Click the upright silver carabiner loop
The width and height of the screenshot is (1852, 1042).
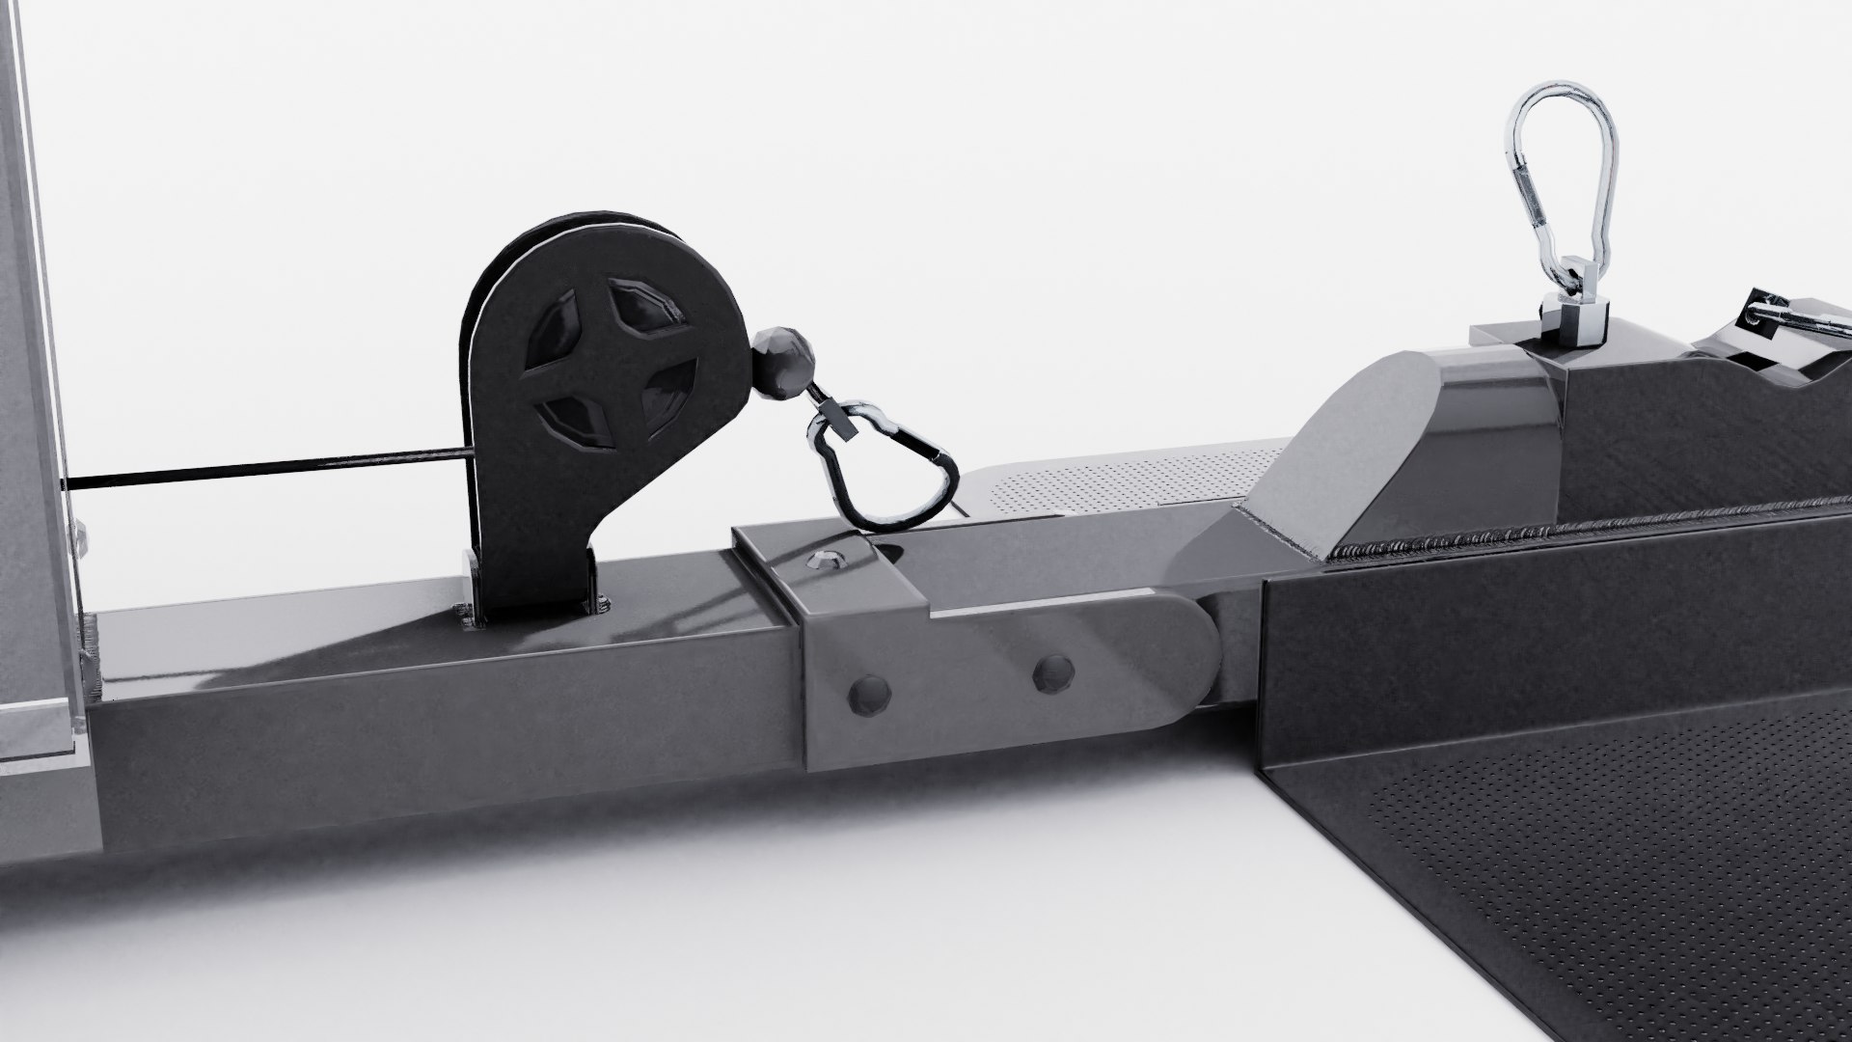click(x=1561, y=174)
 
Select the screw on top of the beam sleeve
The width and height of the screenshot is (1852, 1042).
click(x=826, y=557)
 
